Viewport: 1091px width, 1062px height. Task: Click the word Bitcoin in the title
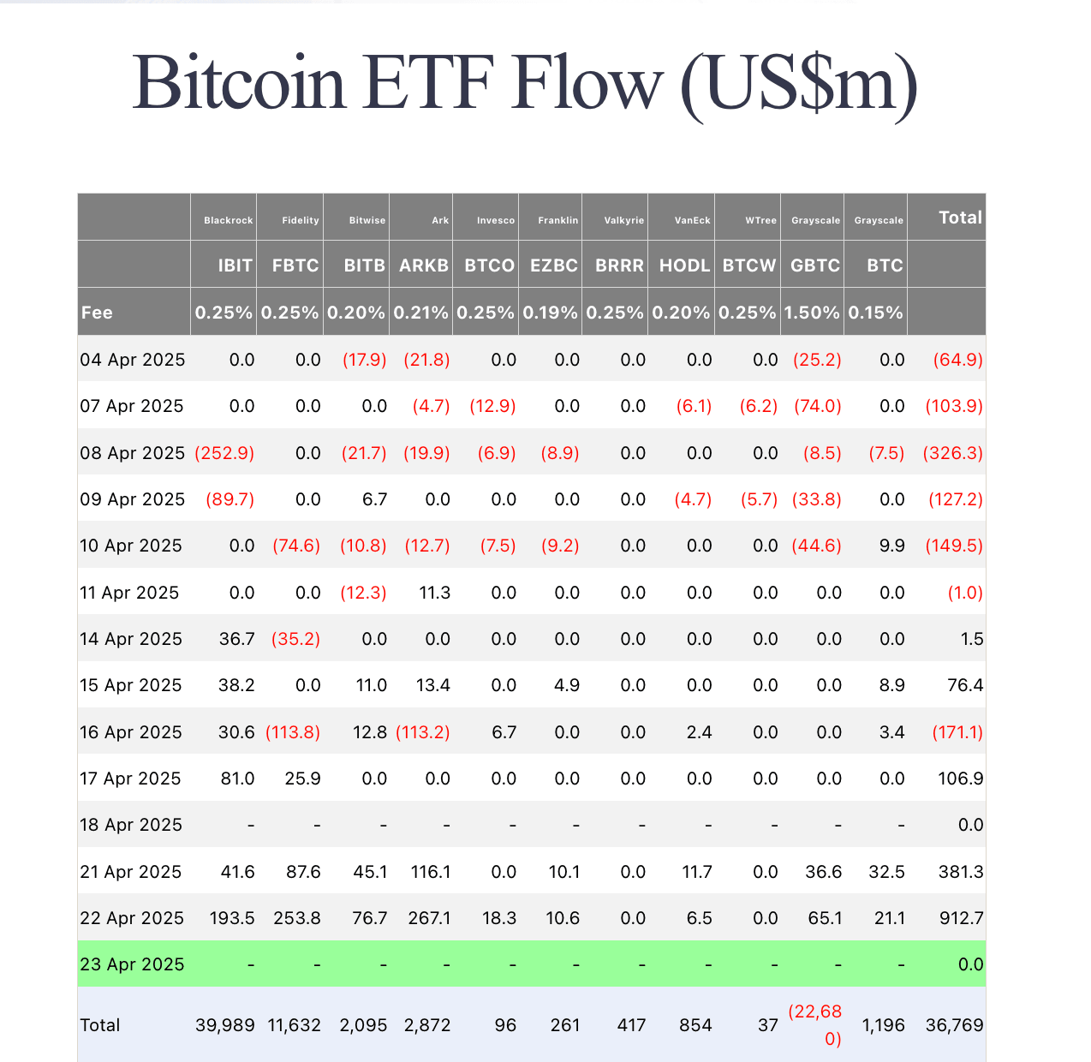pos(239,83)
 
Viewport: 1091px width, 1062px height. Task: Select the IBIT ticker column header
pos(235,265)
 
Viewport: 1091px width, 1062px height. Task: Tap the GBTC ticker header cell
pos(814,265)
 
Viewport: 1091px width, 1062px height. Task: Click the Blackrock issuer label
pos(228,220)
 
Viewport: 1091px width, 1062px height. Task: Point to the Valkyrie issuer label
pos(623,220)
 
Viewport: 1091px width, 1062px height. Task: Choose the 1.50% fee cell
pos(812,313)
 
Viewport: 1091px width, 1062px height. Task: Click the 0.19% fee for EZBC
pos(550,313)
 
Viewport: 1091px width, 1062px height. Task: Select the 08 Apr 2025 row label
pos(132,453)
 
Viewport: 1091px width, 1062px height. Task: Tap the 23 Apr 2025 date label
pos(132,964)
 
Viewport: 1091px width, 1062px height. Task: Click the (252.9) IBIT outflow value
pos(224,453)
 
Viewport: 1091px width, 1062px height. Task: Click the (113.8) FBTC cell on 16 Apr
pos(293,732)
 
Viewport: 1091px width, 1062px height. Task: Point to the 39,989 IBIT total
pos(224,1025)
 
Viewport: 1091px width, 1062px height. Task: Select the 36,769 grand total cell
pos(954,1025)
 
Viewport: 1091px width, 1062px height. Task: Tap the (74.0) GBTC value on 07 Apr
pos(817,406)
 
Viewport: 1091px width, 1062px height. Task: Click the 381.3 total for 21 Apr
pos(961,872)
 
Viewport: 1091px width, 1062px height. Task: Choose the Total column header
pos(960,218)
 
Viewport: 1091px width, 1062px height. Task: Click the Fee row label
pos(97,313)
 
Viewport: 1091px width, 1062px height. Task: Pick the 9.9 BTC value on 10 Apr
pos(892,546)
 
